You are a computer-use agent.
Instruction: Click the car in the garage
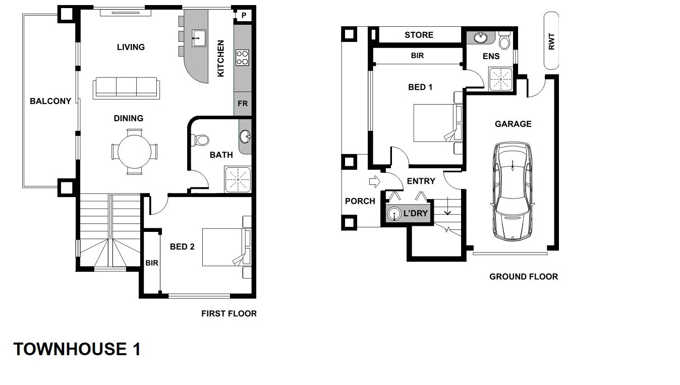(x=513, y=191)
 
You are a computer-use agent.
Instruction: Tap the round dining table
(x=134, y=152)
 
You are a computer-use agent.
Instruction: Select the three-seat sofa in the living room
(x=126, y=88)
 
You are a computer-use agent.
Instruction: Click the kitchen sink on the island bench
(x=199, y=38)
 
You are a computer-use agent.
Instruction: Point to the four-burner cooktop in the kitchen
(x=242, y=58)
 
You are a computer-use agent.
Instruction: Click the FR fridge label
(x=243, y=104)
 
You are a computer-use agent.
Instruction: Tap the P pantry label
(x=244, y=15)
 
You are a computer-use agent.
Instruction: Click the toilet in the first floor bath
(x=200, y=140)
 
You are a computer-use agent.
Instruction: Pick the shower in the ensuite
(x=500, y=79)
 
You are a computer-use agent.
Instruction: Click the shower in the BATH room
(x=238, y=179)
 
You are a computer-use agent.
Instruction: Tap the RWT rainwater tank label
(x=551, y=41)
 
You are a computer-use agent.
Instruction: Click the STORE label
(x=419, y=35)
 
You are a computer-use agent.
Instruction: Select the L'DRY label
(x=416, y=214)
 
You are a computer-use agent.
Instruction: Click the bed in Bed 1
(x=437, y=123)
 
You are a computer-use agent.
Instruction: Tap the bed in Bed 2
(x=226, y=247)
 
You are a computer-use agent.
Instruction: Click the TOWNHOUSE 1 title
(x=77, y=349)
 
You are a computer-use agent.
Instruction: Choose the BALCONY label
(x=50, y=101)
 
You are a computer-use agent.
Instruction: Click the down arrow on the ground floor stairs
(x=448, y=207)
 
